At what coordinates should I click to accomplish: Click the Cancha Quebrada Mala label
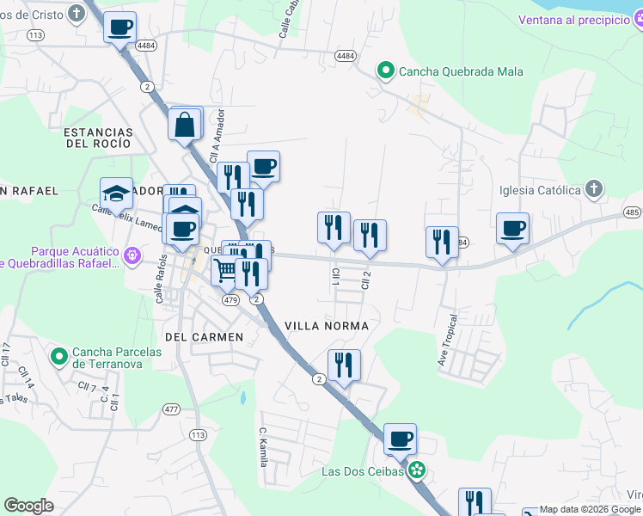pos(461,71)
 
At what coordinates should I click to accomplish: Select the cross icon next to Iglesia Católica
pos(593,189)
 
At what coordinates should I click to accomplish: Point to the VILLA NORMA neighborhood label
pos(327,326)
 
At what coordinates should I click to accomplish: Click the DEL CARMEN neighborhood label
pos(199,336)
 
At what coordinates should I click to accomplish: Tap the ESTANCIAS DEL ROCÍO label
pos(98,138)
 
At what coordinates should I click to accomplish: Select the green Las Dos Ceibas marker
pos(418,470)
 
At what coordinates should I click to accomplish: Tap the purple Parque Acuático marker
pos(132,255)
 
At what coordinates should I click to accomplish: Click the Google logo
pos(28,506)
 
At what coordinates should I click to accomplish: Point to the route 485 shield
pos(632,212)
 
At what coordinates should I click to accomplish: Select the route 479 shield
pos(230,301)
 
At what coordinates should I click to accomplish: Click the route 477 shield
pos(172,409)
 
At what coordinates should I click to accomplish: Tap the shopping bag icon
pos(185,125)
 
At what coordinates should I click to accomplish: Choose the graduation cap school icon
pos(116,193)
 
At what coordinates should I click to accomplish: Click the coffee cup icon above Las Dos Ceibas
pos(400,439)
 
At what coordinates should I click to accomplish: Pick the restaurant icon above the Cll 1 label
pos(334,228)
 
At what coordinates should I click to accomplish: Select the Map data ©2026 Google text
pos(591,509)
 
